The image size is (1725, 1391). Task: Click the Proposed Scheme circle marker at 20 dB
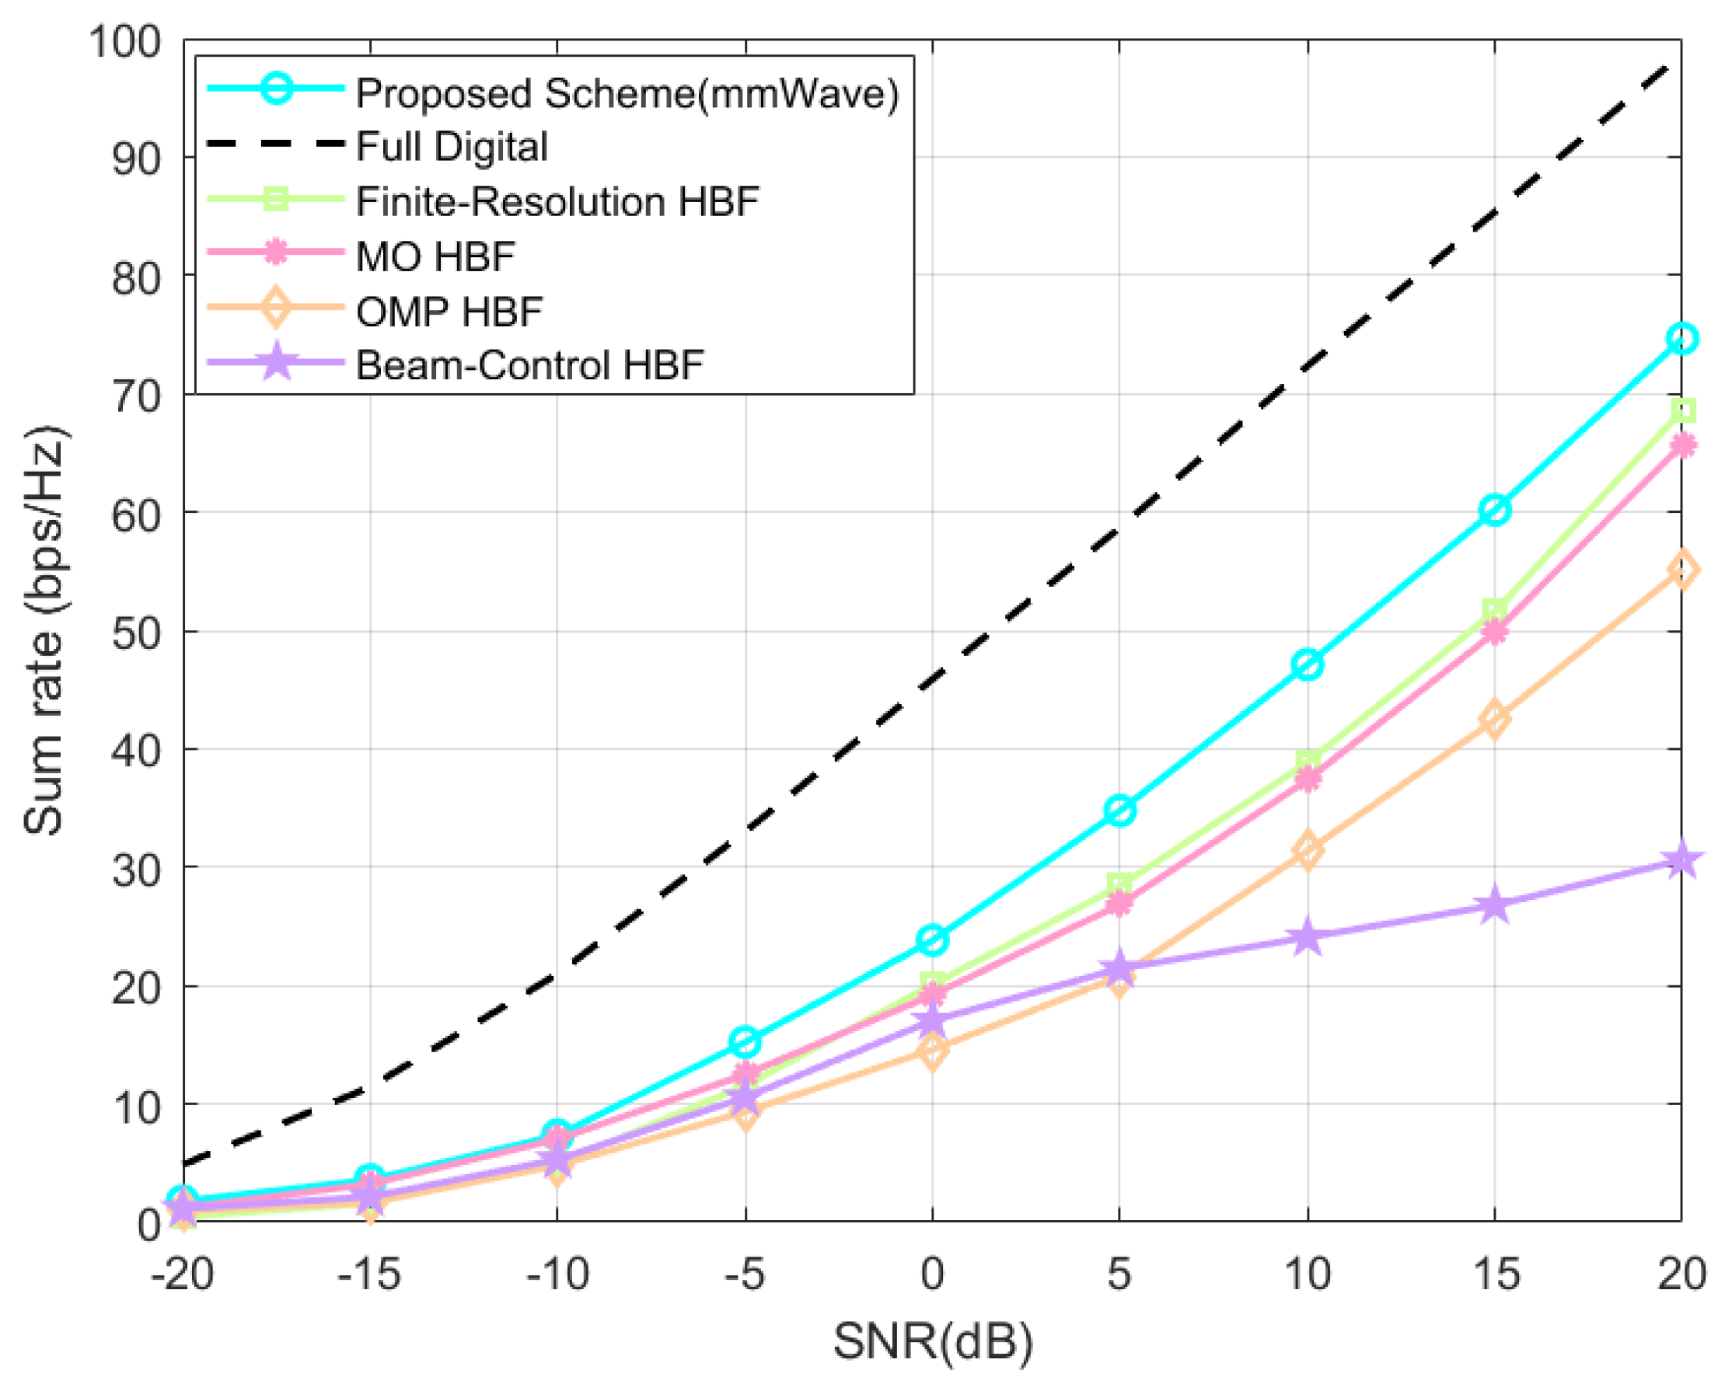(1681, 338)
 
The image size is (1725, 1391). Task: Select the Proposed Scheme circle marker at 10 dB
(1308, 664)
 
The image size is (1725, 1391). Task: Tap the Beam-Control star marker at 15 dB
(1495, 905)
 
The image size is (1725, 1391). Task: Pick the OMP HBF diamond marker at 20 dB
(1681, 569)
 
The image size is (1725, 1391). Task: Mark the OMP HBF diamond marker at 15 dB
(1495, 718)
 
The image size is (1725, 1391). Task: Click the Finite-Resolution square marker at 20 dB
(1681, 410)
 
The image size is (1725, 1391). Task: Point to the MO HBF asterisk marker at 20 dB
(1681, 444)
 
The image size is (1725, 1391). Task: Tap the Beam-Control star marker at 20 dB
(1681, 861)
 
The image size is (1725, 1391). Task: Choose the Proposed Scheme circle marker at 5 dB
(1119, 810)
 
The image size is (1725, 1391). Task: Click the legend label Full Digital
(452, 147)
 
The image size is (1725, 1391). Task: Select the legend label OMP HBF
(449, 311)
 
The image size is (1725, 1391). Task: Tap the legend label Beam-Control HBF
(529, 365)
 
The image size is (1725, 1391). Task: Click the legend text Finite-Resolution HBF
(557, 201)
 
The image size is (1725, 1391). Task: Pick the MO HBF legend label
(435, 256)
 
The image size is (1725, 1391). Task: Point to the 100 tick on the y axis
(126, 42)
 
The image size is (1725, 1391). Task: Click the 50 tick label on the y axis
(137, 633)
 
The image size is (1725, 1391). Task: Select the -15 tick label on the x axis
(368, 1272)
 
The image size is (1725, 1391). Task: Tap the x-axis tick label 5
(1119, 1272)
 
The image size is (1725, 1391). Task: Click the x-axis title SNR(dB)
(933, 1341)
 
